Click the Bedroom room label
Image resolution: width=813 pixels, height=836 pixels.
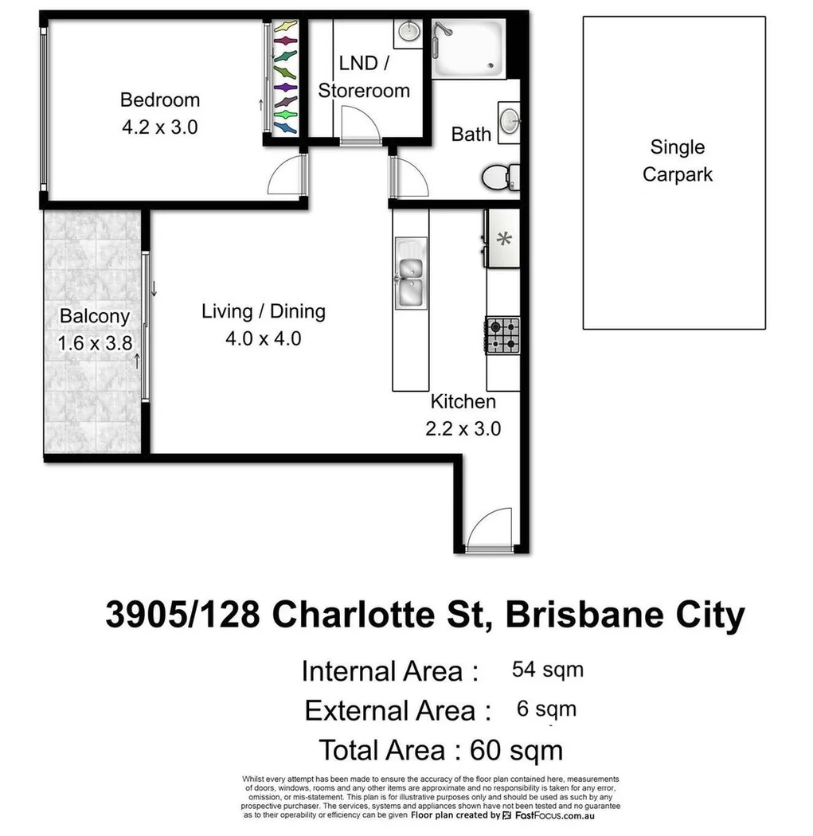pyautogui.click(x=159, y=100)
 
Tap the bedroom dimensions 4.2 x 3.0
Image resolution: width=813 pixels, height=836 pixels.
pyautogui.click(x=159, y=127)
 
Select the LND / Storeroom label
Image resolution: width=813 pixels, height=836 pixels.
pyautogui.click(x=364, y=77)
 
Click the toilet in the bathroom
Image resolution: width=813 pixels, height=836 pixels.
pyautogui.click(x=500, y=177)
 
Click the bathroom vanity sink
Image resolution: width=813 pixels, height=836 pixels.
pyautogui.click(x=508, y=123)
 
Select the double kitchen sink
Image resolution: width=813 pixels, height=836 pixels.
pyautogui.click(x=411, y=280)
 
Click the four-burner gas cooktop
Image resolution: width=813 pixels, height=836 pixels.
pyautogui.click(x=503, y=336)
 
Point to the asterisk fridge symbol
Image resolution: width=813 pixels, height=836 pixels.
pyautogui.click(x=502, y=238)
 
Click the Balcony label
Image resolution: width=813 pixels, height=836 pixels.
pyautogui.click(x=94, y=316)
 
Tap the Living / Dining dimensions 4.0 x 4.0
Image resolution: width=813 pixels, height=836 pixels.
pyautogui.click(x=263, y=338)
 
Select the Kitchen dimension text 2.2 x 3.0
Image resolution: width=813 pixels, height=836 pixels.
pyautogui.click(x=463, y=428)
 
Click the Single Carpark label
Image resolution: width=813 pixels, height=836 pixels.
pyautogui.click(x=677, y=160)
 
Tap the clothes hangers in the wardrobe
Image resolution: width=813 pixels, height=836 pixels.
pyautogui.click(x=285, y=77)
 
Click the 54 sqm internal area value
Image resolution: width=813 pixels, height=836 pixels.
pyautogui.click(x=547, y=670)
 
